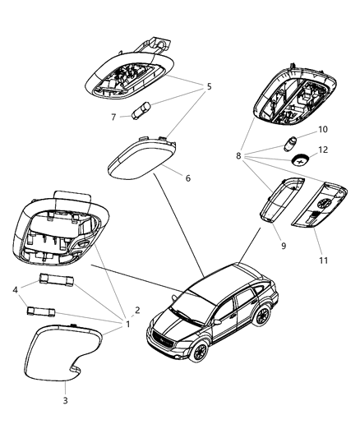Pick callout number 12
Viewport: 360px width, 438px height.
323,149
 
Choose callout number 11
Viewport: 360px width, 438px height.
324,260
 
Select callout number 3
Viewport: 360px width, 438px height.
66,401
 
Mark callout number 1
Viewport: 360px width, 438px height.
127,324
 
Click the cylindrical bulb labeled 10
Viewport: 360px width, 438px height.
292,140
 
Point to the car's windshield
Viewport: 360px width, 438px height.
192,306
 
